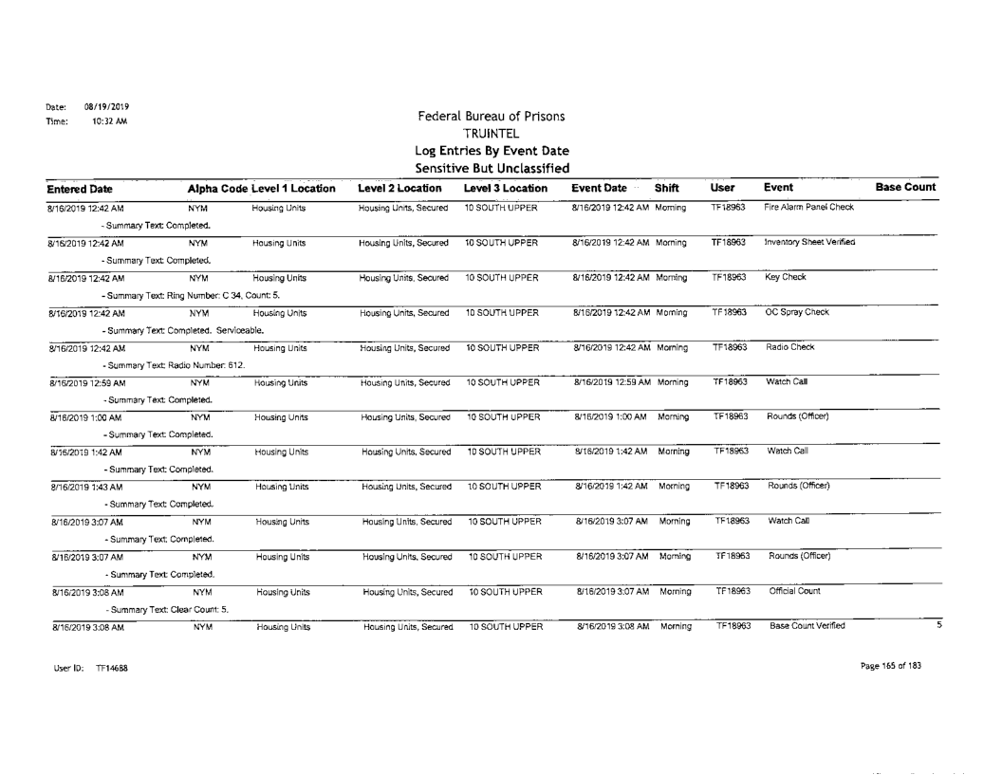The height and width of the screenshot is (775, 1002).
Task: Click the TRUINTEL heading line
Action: pyautogui.click(x=499, y=135)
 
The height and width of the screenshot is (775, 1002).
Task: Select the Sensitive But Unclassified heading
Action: pyautogui.click(x=499, y=167)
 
